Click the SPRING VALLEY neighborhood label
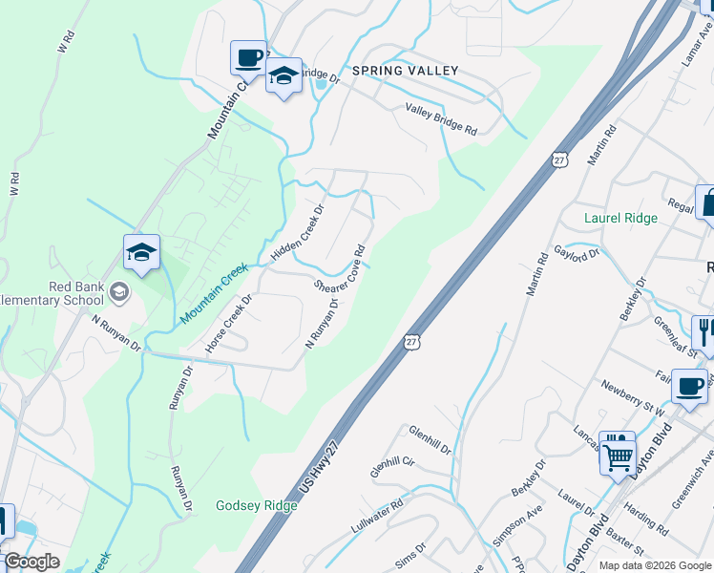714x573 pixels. (x=405, y=71)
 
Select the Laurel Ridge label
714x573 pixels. (x=620, y=218)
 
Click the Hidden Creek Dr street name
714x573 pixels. (x=298, y=231)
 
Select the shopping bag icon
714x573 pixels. (x=707, y=203)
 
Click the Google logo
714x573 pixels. (x=31, y=562)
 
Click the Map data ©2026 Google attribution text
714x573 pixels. (x=655, y=564)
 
